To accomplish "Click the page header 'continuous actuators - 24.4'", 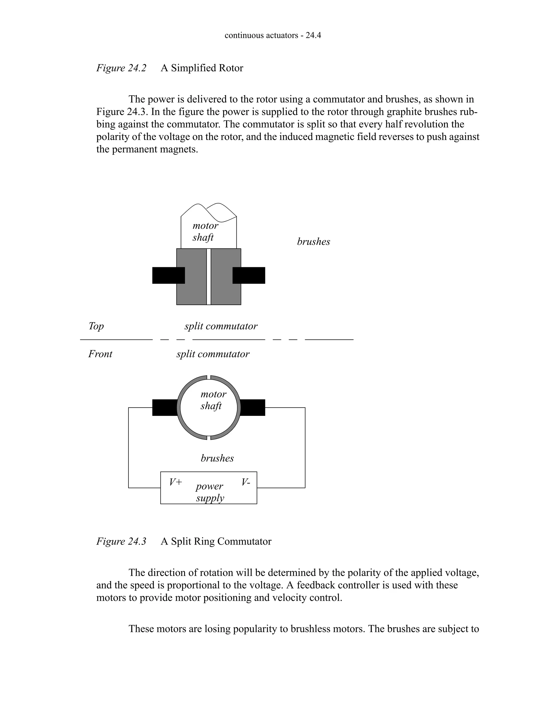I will pos(273,35).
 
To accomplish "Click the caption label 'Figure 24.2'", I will pos(121,68).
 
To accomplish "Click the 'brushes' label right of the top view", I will pos(314,242).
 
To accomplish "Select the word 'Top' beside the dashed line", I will pos(96,326).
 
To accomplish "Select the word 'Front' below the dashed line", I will pos(100,354).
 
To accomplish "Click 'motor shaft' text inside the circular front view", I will pos(212,400).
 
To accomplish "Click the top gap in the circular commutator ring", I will pos(209,377).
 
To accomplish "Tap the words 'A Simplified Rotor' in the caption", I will pos(202,68).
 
